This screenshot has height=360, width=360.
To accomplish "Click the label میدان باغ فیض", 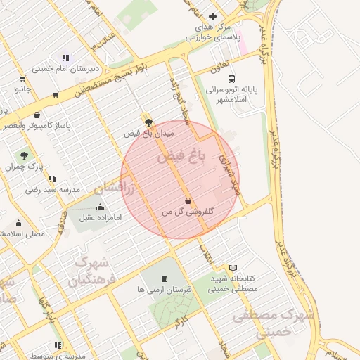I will pyautogui.click(x=149, y=133).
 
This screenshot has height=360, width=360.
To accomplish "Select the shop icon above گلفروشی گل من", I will pyautogui.click(x=187, y=200).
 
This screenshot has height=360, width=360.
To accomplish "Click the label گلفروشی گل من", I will pyautogui.click(x=188, y=211).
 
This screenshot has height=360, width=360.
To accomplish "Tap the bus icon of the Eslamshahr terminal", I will pyautogui.click(x=233, y=79).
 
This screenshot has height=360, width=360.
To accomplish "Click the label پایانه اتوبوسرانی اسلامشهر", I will pyautogui.click(x=233, y=95).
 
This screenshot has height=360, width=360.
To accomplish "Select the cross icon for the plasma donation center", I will pyautogui.click(x=213, y=15).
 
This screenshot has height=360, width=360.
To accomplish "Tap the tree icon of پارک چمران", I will pyautogui.click(x=25, y=155).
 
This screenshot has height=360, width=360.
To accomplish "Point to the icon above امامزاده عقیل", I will pyautogui.click(x=101, y=207).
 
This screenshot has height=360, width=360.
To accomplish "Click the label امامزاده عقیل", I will pyautogui.click(x=101, y=218).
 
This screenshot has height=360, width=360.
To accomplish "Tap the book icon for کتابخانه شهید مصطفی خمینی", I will pyautogui.click(x=233, y=268).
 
